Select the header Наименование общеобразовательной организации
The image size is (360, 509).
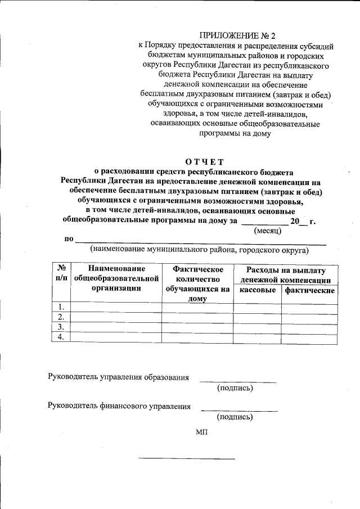click(x=116, y=279)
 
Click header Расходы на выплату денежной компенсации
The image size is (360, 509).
click(x=285, y=275)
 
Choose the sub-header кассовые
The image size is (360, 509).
click(x=257, y=290)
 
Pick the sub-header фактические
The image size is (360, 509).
click(x=309, y=290)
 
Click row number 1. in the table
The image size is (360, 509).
click(x=61, y=307)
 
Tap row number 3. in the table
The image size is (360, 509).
click(x=61, y=327)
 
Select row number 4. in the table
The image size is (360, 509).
click(x=61, y=337)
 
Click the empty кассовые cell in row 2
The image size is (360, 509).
click(x=257, y=317)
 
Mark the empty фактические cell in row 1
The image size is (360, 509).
click(x=309, y=307)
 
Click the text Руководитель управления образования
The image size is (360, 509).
click(x=119, y=377)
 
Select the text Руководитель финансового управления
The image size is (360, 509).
click(x=119, y=406)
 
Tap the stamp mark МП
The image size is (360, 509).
click(x=202, y=432)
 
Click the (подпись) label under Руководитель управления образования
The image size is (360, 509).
click(x=235, y=388)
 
